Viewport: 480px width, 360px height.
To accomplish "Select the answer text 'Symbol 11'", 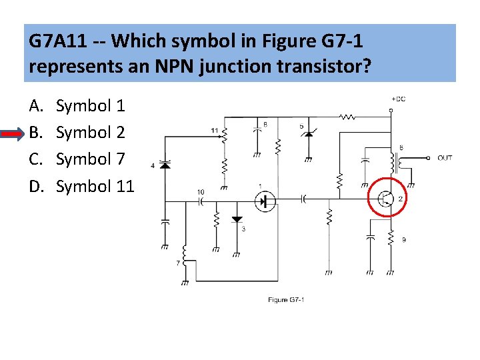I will pyautogui.click(x=95, y=186).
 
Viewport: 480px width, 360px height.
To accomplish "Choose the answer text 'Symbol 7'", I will pyautogui.click(x=90, y=159).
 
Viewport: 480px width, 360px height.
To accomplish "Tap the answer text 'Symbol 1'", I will pyautogui.click(x=90, y=105).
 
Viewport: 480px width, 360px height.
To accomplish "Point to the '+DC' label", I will pyautogui.click(x=398, y=99).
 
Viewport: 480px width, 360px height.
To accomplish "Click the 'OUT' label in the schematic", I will pyautogui.click(x=445, y=158).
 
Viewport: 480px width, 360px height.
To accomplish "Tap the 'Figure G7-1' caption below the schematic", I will pyautogui.click(x=286, y=300).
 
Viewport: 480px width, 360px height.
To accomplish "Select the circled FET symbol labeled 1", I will pyautogui.click(x=265, y=201).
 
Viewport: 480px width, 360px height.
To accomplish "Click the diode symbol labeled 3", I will pyautogui.click(x=237, y=219).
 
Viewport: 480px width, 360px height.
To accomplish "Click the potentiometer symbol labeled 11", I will pyautogui.click(x=225, y=136).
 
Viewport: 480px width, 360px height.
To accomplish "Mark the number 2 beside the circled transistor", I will pyautogui.click(x=400, y=199).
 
